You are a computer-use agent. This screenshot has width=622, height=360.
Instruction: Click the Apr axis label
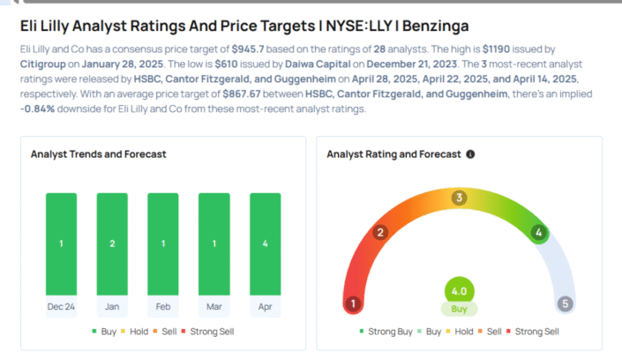coord(265,307)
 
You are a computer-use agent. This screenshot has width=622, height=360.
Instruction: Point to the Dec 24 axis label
coord(61,307)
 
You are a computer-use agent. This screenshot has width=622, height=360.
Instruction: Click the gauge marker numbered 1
coord(354,304)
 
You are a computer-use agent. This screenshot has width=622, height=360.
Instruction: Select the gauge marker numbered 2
coord(380,233)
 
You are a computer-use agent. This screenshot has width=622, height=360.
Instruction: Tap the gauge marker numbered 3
coord(459,198)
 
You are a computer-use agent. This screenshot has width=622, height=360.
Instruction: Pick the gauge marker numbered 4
coord(537,233)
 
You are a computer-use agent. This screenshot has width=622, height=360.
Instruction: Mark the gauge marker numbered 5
coord(565,304)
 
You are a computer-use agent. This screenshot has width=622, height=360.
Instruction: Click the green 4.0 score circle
coord(459,290)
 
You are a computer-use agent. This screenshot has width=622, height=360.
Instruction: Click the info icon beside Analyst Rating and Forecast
coord(470,154)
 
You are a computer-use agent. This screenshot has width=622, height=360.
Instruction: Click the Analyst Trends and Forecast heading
coord(99,154)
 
